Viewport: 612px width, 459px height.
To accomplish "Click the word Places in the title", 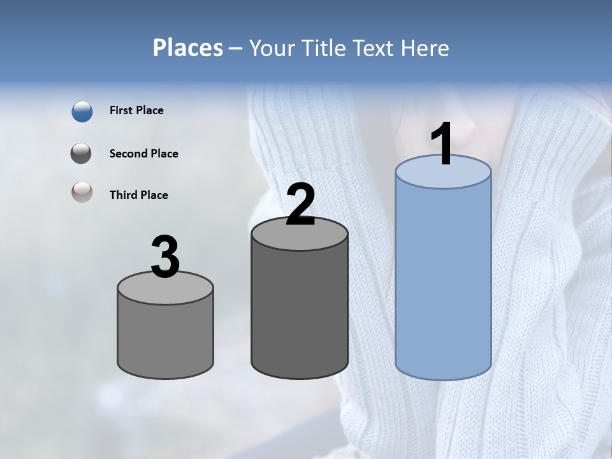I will (x=188, y=48).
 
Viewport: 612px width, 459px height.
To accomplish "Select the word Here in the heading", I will (x=425, y=48).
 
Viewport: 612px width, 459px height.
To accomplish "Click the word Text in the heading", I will (x=374, y=48).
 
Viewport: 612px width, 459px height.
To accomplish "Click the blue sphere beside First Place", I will (x=82, y=112).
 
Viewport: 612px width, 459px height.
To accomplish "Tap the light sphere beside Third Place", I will (x=82, y=192).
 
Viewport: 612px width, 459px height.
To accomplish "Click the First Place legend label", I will (x=136, y=110).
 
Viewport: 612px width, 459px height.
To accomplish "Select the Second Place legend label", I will (x=143, y=154).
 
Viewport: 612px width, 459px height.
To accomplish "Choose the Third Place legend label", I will (x=138, y=195).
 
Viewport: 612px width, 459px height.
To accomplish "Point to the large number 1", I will (x=442, y=144).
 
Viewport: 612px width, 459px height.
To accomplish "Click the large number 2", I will (x=300, y=205).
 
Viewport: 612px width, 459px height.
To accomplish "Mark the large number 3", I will (x=166, y=257).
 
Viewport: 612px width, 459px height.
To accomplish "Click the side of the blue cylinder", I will (x=443, y=280).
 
